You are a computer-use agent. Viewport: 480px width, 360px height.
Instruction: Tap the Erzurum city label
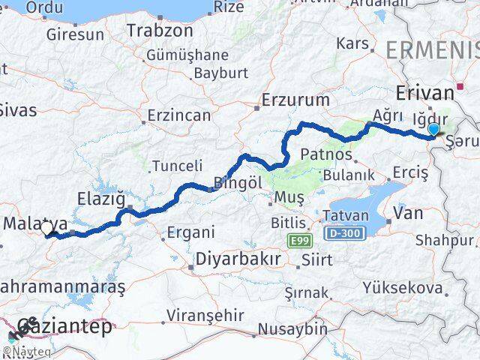click(296, 99)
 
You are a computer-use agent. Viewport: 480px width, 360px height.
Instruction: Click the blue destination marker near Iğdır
click(433, 130)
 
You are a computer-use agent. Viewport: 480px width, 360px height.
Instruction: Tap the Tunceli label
click(177, 166)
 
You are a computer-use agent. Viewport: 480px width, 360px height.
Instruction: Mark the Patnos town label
click(326, 154)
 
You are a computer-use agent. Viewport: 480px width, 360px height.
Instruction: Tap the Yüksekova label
click(402, 287)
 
